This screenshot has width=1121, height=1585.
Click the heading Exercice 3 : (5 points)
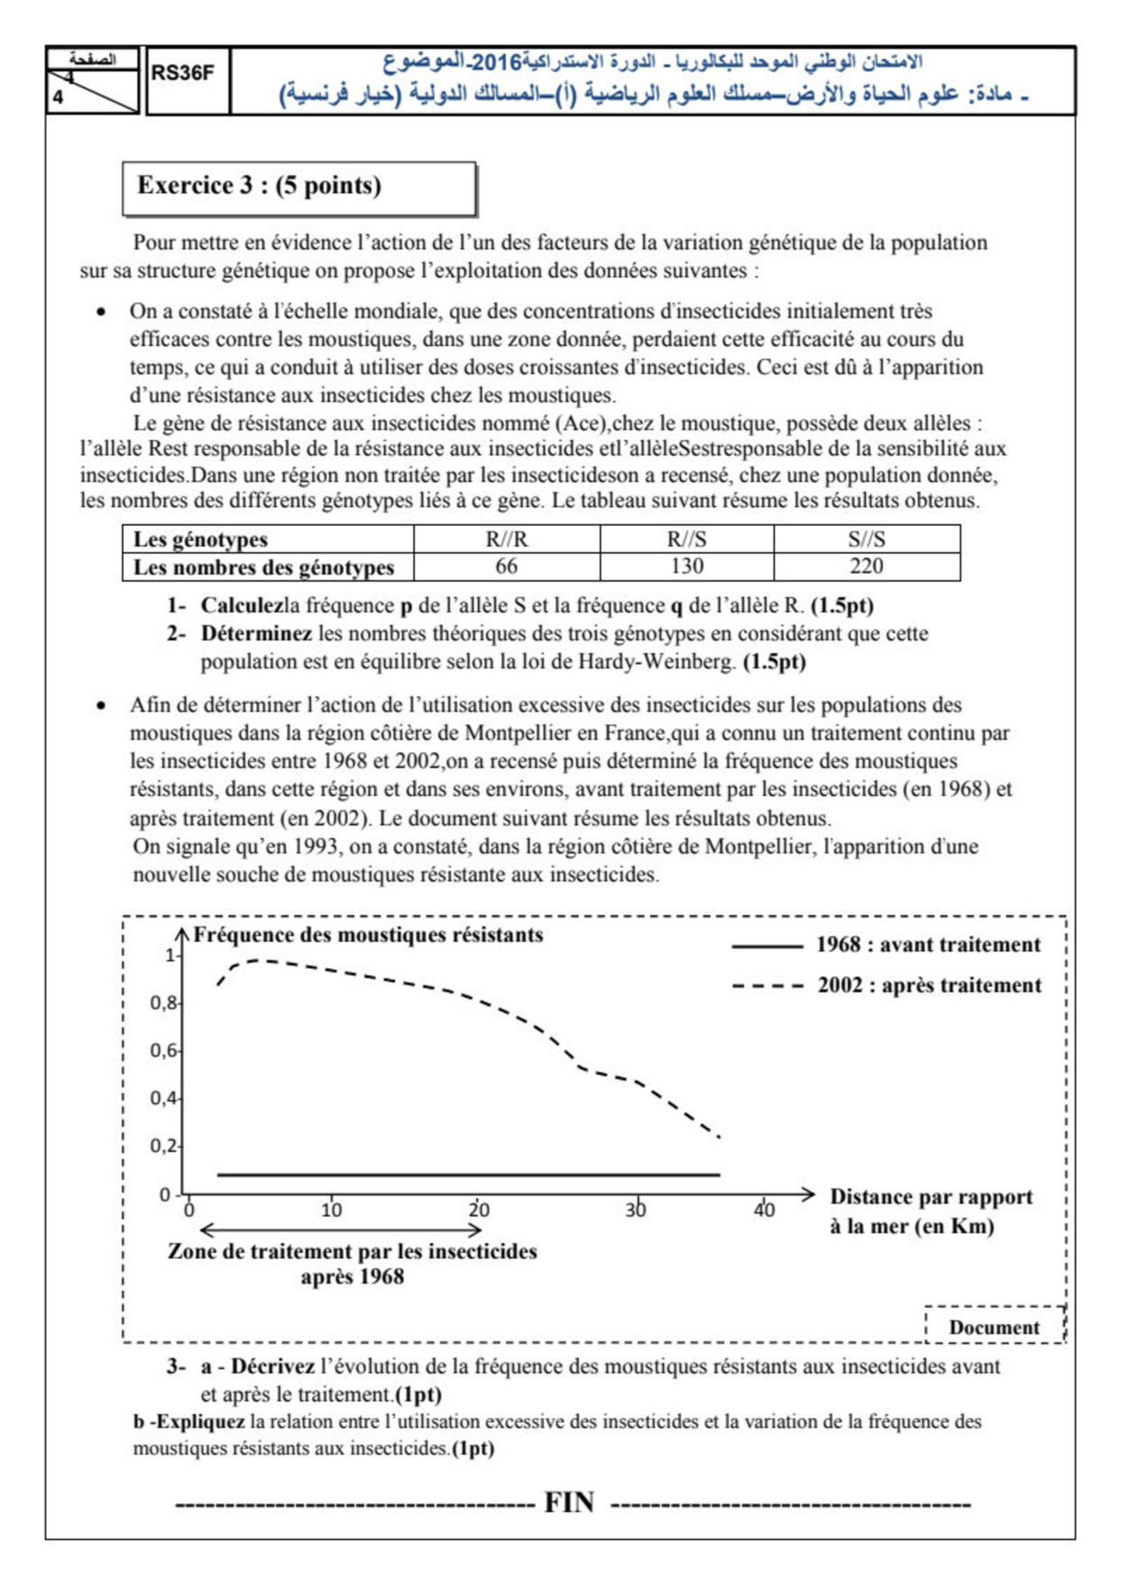pos(259,186)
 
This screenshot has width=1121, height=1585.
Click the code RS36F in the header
pos(182,73)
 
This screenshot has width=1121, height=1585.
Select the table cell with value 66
pos(506,567)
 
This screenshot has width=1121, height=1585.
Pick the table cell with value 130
pos(686,567)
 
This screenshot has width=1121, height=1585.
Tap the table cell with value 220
pos(866,567)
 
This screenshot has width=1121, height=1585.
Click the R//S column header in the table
pos(686,539)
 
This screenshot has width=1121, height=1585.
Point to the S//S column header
pos(866,539)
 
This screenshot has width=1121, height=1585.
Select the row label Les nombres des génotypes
pos(263,567)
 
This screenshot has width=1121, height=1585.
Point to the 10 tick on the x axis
pos(331,1211)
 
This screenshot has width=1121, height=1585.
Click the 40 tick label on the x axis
pos(764,1211)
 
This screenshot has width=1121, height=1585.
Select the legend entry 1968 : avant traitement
pos(928,945)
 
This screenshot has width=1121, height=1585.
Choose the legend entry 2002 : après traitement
pos(929,986)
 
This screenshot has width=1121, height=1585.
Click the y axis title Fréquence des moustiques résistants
pos(368,935)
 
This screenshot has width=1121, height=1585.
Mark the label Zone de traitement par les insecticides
pos(352,1252)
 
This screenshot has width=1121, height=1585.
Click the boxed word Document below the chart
pos(994,1328)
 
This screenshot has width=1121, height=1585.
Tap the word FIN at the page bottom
pos(569,1503)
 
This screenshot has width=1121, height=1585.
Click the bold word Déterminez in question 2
pos(256,633)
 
